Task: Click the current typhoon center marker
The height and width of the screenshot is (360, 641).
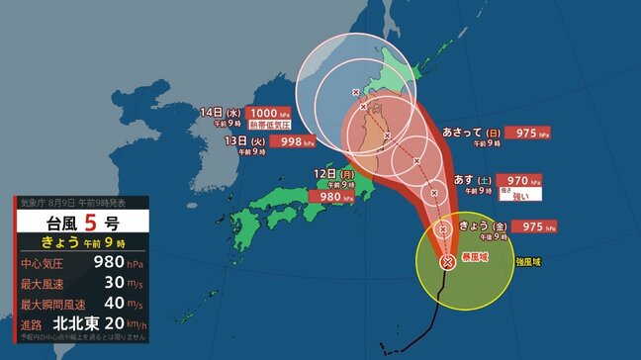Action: [448, 262]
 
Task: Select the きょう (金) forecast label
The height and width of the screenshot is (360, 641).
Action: [483, 226]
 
